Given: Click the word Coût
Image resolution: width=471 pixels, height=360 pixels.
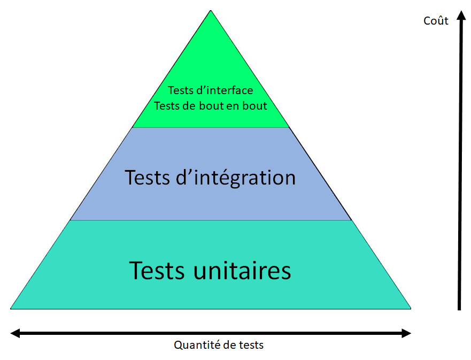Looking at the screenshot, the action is [436, 21].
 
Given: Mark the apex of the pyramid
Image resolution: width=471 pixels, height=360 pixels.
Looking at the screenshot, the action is [211, 11].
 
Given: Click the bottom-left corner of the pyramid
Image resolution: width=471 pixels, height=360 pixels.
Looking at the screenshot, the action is [11, 308].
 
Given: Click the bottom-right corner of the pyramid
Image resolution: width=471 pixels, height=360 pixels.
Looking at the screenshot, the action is [410, 308].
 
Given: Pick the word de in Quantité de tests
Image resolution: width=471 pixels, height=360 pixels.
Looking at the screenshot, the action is [229, 345].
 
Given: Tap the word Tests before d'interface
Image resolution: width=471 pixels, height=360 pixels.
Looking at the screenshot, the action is [180, 90].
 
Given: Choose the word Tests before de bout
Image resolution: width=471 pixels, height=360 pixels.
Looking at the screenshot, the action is [166, 105].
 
